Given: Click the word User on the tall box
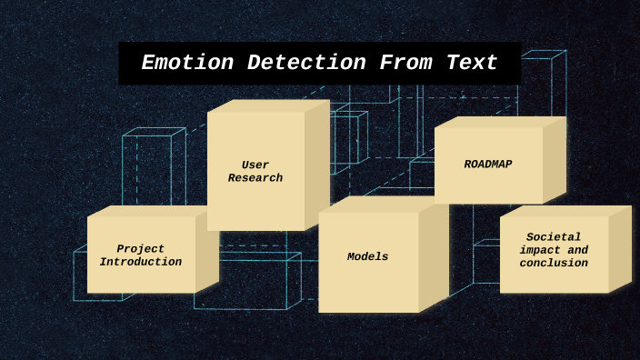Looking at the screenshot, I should (255, 165).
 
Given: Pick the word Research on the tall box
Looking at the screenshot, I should (255, 179).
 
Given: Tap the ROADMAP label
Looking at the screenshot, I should (488, 165).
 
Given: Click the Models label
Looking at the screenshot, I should (367, 257).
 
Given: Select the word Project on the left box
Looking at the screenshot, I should (141, 249).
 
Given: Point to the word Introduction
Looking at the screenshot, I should (141, 263).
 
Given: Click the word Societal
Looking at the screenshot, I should (554, 237).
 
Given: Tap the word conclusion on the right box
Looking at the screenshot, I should (554, 264).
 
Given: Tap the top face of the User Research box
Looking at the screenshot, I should (268, 106).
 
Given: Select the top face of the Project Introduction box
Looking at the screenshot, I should (150, 211).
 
